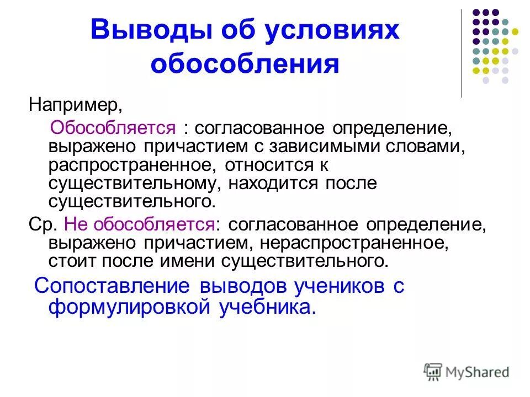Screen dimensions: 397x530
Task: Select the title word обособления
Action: click(245, 65)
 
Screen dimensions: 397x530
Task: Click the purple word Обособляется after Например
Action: click(113, 129)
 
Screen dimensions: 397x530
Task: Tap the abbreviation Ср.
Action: click(39, 224)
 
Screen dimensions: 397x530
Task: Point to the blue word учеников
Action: click(332, 287)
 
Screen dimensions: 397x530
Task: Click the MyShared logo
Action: click(467, 372)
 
